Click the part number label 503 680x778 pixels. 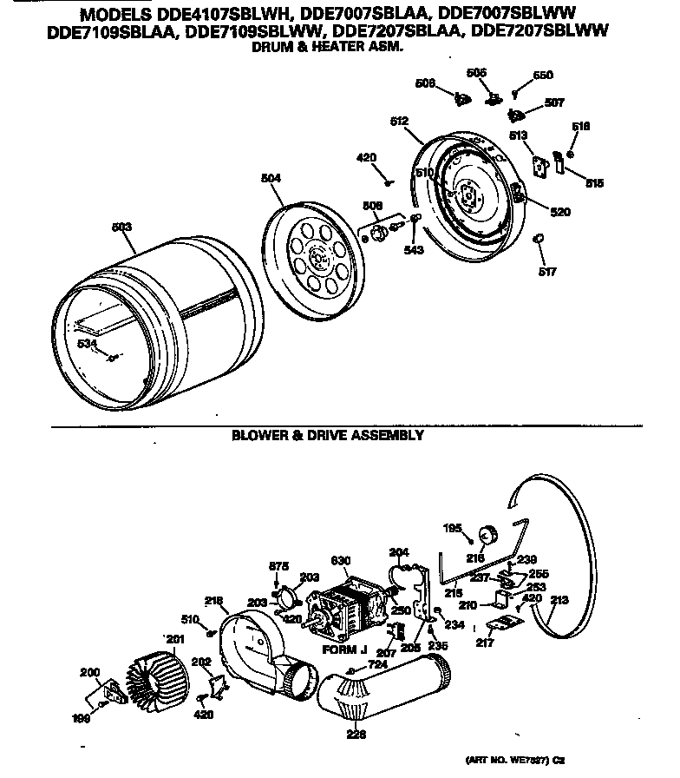tap(122, 227)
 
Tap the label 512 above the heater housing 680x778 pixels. tap(399, 122)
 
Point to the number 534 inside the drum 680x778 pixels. tap(87, 345)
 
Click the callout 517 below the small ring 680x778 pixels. tap(546, 272)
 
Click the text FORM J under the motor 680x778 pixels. tap(346, 649)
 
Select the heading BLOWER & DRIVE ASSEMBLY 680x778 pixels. tap(328, 435)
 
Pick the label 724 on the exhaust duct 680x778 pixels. tap(376, 664)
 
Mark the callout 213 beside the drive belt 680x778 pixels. tap(559, 599)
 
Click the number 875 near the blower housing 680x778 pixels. tap(277, 566)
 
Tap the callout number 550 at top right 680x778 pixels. tap(543, 76)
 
